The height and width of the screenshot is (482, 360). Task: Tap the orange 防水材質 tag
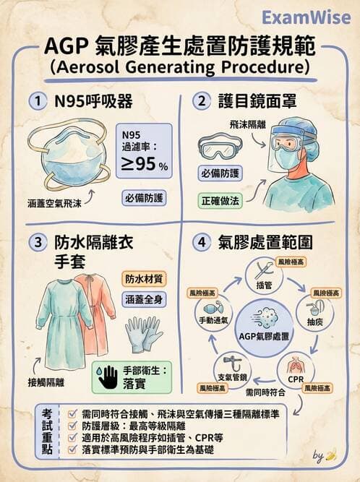click(x=145, y=278)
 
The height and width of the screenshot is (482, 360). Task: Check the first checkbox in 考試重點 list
click(x=72, y=413)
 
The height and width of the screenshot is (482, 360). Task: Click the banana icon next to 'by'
click(x=332, y=456)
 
